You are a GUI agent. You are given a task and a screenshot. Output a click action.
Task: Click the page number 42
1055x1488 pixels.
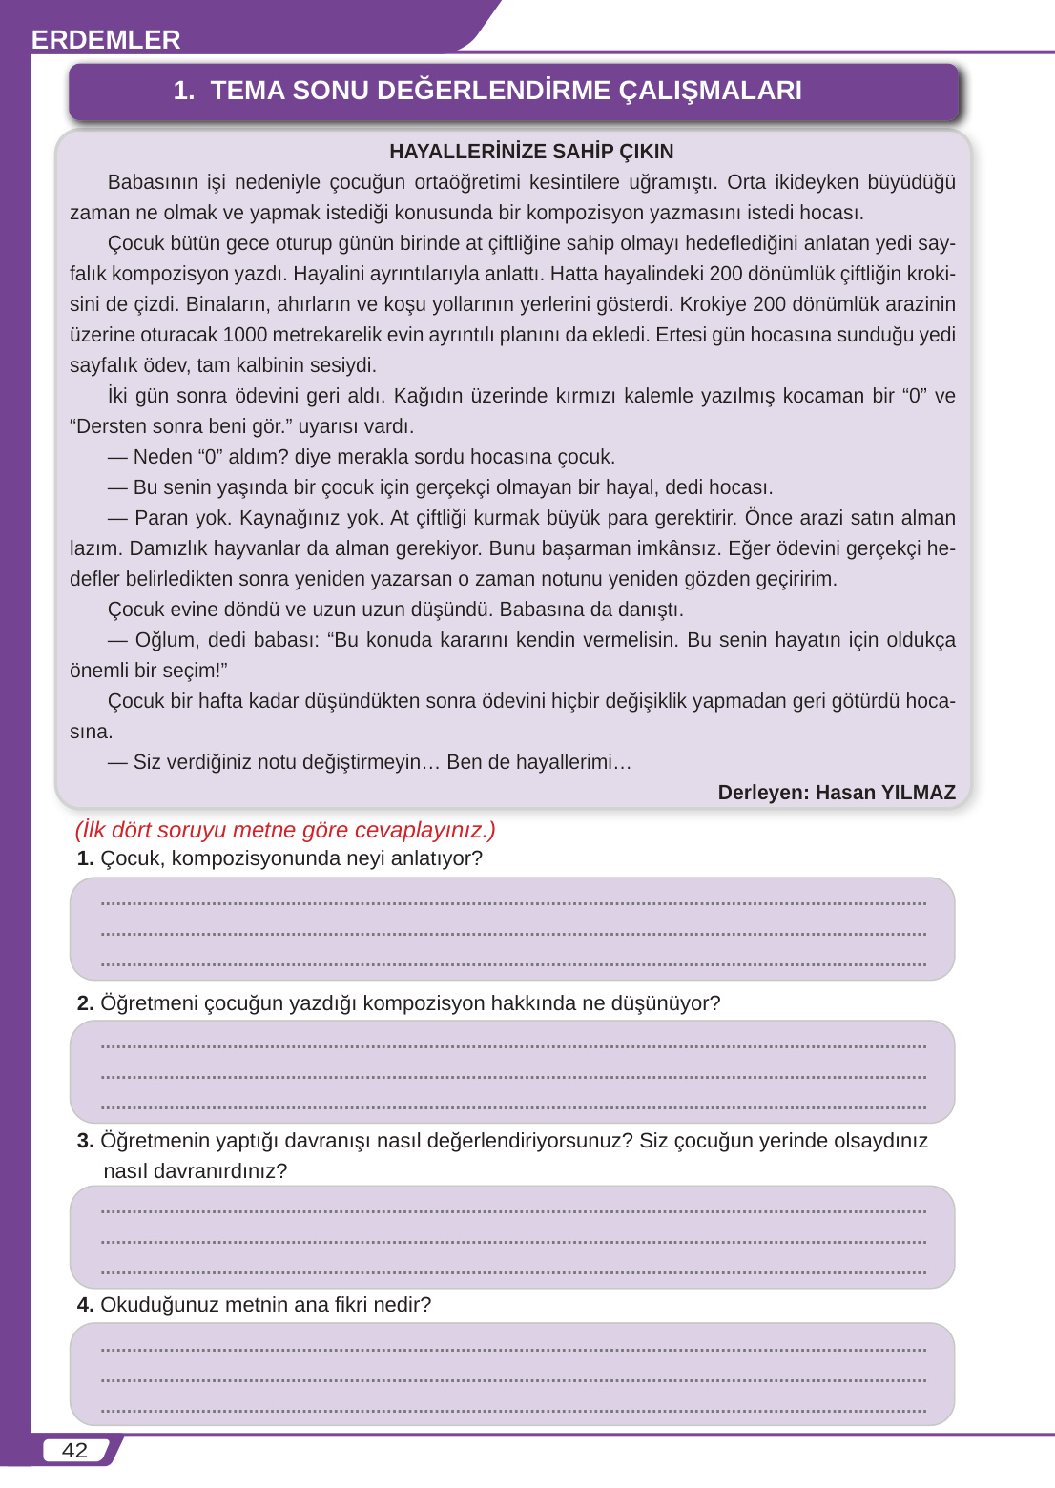(74, 1450)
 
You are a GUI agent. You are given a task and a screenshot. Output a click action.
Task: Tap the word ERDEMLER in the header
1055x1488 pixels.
(106, 39)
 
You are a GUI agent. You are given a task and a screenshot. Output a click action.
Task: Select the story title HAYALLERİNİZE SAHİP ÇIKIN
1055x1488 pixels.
(531, 152)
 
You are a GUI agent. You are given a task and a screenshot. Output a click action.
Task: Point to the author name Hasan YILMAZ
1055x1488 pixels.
(885, 793)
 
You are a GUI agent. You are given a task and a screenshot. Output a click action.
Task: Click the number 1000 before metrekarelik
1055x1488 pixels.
(245, 335)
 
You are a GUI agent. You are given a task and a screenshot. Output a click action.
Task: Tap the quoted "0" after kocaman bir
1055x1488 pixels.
(915, 396)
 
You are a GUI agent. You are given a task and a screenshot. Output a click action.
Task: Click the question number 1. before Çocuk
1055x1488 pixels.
(85, 858)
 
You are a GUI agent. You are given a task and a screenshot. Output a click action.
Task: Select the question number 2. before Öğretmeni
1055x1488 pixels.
(85, 1003)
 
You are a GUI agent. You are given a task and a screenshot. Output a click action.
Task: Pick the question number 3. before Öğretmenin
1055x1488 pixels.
(85, 1141)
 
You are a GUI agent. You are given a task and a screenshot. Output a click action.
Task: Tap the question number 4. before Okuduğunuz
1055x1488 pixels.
(85, 1305)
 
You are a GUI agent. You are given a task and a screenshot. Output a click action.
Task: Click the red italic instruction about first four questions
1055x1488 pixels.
(285, 830)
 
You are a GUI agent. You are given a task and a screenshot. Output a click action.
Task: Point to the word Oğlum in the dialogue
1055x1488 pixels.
(167, 640)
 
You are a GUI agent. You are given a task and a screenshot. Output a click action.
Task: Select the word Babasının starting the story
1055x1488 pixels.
(153, 182)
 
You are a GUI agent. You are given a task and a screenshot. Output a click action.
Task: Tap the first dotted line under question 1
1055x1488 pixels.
(513, 903)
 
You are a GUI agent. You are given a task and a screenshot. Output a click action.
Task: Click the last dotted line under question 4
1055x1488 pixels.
(513, 1411)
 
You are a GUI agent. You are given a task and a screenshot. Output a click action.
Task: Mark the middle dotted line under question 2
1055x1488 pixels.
(513, 1077)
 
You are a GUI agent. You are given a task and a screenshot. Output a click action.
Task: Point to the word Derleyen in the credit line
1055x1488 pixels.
(761, 793)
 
